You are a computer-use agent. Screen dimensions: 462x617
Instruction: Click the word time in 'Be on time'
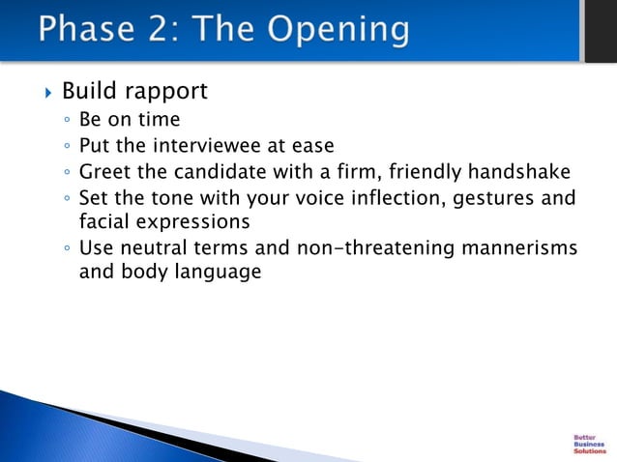pos(159,121)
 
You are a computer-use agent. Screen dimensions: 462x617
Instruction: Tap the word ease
pos(312,146)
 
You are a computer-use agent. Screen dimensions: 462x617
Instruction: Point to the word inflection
pos(397,198)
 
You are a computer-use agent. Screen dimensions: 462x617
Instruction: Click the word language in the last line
pos(218,273)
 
